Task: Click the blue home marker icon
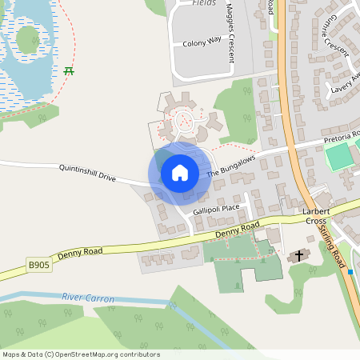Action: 180,173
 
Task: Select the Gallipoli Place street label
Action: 216,209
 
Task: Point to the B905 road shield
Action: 38,264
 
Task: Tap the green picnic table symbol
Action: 69,70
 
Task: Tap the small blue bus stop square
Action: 350,272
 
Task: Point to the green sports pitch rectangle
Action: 341,156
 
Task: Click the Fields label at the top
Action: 204,3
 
